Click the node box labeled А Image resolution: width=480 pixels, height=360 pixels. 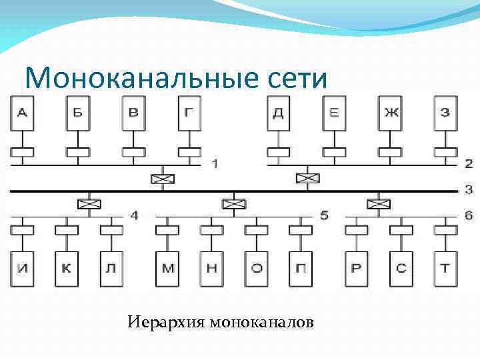point(22,113)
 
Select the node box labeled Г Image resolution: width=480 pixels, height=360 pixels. point(190,113)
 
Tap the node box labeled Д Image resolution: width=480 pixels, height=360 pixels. point(278,113)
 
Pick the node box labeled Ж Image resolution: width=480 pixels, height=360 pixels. point(391,113)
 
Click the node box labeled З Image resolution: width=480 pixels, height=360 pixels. point(445,113)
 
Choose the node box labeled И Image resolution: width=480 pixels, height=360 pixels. point(22,269)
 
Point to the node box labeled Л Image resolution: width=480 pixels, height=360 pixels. point(111,269)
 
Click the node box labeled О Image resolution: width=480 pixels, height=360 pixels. point(256,269)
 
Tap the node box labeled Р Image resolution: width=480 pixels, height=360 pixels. point(357,269)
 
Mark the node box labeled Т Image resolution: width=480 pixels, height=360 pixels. point(445,269)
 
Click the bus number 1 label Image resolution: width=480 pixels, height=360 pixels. point(215,163)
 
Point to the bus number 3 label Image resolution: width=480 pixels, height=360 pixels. point(469,190)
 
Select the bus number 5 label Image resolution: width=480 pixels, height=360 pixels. point(325,215)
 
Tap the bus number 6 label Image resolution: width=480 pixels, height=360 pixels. point(469,215)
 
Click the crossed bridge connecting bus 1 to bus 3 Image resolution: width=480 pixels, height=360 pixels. point(162,178)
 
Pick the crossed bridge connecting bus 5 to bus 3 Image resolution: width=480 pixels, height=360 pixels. point(233,203)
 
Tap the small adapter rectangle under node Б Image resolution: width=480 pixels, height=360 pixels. point(77,153)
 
